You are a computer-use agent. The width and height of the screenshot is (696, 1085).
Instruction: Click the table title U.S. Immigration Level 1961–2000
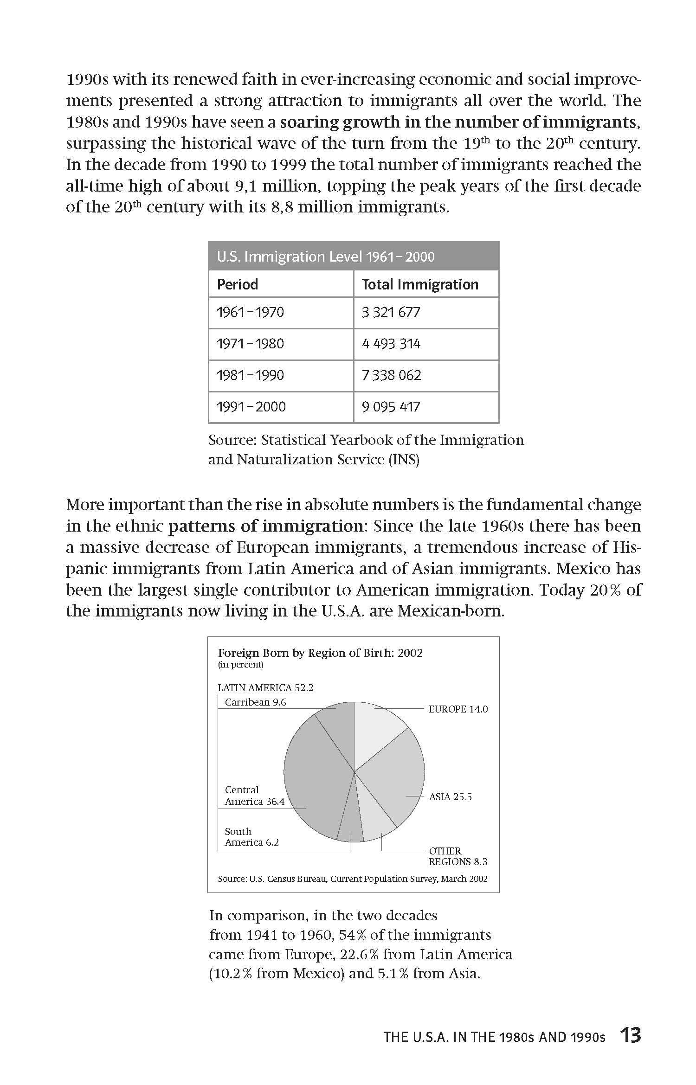point(326,257)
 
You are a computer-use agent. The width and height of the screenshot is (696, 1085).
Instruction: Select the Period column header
point(238,284)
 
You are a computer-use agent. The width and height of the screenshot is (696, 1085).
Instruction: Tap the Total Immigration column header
point(420,284)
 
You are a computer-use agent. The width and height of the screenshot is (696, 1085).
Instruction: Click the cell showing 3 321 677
point(391,312)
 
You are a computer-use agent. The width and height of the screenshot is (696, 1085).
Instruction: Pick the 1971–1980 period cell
point(251,344)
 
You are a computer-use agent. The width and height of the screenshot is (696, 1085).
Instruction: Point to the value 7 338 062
point(391,375)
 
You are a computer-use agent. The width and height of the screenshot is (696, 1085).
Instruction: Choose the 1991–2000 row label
point(251,407)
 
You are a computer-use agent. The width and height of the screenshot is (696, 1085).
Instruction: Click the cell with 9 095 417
point(391,407)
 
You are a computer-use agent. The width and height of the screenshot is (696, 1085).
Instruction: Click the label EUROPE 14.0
point(458,709)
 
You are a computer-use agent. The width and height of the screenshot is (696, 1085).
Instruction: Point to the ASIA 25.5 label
point(450,797)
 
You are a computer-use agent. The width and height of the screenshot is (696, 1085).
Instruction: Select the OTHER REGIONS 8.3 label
point(458,856)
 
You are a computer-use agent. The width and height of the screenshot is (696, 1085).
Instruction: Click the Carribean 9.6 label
point(255,702)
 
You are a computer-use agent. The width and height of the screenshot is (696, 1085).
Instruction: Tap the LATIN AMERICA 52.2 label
point(265,688)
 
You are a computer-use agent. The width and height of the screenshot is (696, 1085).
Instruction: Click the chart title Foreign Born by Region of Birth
point(320,653)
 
